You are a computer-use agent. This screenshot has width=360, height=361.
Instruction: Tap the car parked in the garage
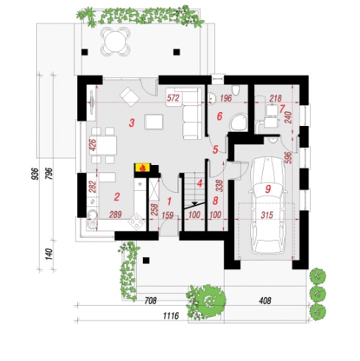click(x=267, y=206)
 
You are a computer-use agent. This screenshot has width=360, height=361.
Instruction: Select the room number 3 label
click(x=132, y=123)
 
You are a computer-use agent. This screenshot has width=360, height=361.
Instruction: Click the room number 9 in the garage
click(x=268, y=189)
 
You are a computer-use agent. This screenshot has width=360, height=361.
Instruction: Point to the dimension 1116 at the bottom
click(x=171, y=316)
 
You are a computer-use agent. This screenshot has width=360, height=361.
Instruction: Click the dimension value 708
click(x=150, y=301)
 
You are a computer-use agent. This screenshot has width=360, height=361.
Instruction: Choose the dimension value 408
click(x=266, y=301)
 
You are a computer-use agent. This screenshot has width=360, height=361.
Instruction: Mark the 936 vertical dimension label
click(x=35, y=174)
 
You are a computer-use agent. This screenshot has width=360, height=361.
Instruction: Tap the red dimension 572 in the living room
click(x=173, y=98)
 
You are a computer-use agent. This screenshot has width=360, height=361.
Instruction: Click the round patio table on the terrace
click(x=116, y=41)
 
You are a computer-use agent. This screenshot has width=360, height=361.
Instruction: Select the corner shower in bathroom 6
click(x=238, y=122)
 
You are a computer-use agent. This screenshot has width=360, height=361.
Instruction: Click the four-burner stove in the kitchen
click(x=137, y=222)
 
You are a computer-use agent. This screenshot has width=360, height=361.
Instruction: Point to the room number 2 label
click(x=117, y=197)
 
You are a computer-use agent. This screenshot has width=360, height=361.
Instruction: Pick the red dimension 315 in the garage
click(x=267, y=215)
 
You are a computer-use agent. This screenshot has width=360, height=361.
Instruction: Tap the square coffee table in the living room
click(x=154, y=122)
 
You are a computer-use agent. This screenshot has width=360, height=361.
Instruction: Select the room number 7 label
click(x=281, y=109)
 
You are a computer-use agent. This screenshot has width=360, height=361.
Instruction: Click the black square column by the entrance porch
click(x=147, y=260)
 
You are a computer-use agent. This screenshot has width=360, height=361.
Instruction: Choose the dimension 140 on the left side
click(x=49, y=254)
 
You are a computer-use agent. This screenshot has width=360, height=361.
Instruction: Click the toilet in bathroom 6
click(x=236, y=90)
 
